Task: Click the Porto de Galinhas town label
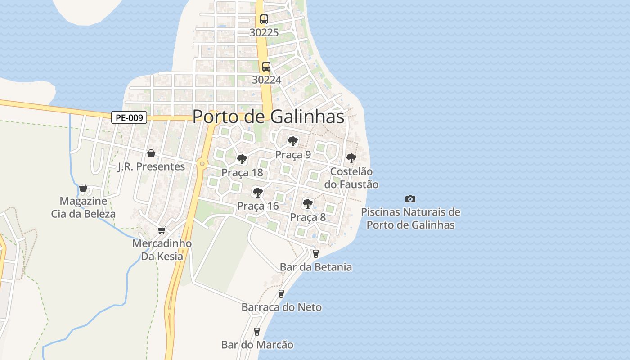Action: pos(268,117)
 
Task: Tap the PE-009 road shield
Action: pos(130,118)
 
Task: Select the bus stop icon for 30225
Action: pos(264,19)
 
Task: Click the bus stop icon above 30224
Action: pos(266,67)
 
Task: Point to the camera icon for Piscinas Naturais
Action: pos(410,199)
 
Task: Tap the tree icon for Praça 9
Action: pos(293,141)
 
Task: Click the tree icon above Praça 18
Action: pos(242,159)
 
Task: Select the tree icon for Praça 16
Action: pos(258,193)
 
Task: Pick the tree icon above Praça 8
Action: pos(308,204)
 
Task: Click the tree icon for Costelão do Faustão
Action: pos(351,158)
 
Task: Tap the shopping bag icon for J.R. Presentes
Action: pos(151,153)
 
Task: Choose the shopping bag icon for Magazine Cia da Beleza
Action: pos(83,188)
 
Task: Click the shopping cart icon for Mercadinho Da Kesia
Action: pos(162,230)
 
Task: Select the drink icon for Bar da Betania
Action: pos(316,254)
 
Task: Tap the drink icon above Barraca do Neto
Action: pos(281,294)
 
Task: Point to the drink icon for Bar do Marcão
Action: pos(257,332)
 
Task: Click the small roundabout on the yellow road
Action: pos(202,164)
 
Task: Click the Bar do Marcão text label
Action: pos(257,345)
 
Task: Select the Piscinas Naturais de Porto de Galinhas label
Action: pos(410,218)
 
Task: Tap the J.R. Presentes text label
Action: pos(151,167)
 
